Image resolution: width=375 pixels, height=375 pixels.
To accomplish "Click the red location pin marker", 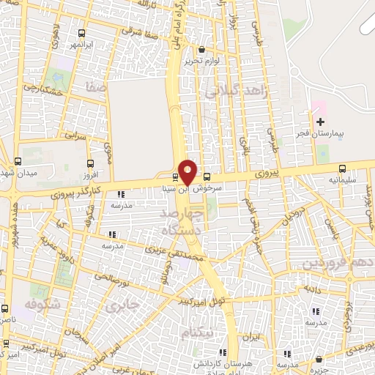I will coord(187,171).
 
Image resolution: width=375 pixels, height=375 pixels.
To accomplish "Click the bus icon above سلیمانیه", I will coord(343,166).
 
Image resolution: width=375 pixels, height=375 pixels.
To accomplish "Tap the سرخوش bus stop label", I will coord(207,187).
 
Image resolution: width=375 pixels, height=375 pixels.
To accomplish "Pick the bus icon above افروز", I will coord(90,164).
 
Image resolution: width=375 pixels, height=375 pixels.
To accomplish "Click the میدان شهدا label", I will coord(18,171).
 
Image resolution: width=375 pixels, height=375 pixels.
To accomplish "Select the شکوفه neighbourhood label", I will coord(40,304).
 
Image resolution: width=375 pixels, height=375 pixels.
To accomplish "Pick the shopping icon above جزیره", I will coord(320,359).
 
